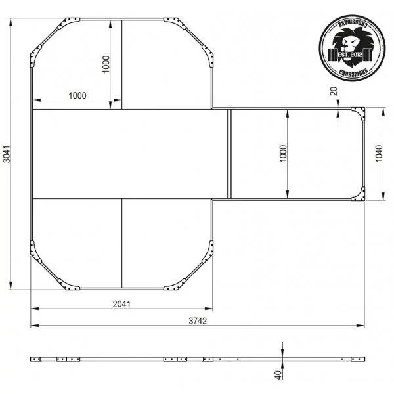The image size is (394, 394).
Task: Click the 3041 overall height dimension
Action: click(x=7, y=154)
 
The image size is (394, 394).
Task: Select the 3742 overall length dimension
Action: click(x=198, y=321)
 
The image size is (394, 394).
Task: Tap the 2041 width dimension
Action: click(x=121, y=304)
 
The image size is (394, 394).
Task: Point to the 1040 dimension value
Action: click(x=379, y=154)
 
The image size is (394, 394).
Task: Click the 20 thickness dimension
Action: click(x=334, y=91)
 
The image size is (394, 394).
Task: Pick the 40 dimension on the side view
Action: click(x=278, y=375)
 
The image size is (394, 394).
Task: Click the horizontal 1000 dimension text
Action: click(x=77, y=96)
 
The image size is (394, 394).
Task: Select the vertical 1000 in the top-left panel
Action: click(x=106, y=64)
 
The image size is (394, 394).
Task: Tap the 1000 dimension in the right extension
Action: click(x=283, y=154)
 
